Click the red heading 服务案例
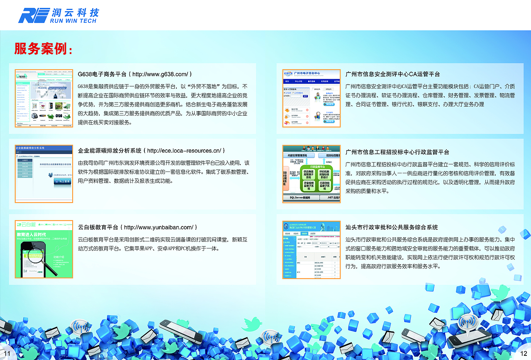click(43, 49)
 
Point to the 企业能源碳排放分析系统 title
click(110, 151)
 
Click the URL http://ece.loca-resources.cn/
click(184, 151)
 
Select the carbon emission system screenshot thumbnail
click(44, 174)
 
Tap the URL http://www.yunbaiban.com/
click(158, 227)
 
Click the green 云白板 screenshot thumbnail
click(44, 249)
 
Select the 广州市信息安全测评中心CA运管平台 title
click(392, 74)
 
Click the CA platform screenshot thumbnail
click(311, 98)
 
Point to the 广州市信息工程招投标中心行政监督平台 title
click(397, 152)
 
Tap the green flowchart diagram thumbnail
click(311, 174)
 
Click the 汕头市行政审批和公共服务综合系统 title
click(392, 227)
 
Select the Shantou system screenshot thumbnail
click(311, 249)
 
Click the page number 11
click(7, 353)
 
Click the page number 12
click(524, 353)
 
